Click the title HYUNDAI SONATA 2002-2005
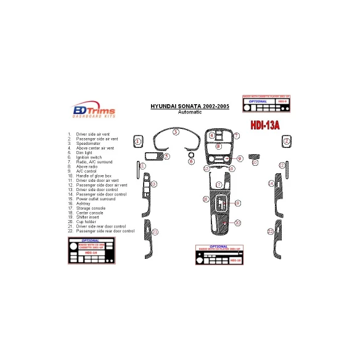click(x=189, y=106)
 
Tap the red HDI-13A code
click(x=265, y=125)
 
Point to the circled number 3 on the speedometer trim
click(x=176, y=132)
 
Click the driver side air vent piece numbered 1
click(x=138, y=142)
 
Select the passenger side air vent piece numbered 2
click(x=287, y=142)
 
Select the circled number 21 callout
click(x=155, y=232)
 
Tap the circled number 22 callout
click(x=270, y=231)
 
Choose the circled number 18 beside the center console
click(x=206, y=199)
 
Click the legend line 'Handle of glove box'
click(x=93, y=176)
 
